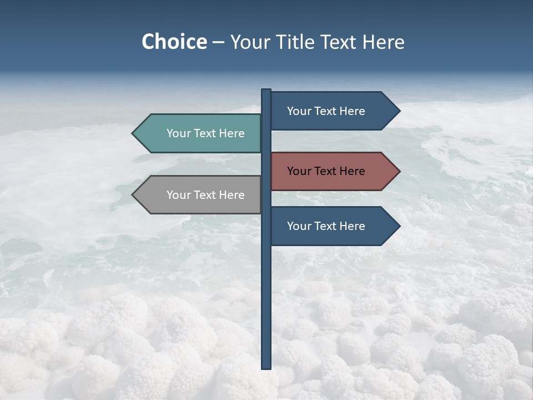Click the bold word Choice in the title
(x=174, y=42)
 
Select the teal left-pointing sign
(x=200, y=133)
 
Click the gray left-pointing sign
(x=200, y=195)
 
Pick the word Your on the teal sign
(x=178, y=133)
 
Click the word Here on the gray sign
(x=232, y=195)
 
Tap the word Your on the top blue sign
(x=299, y=111)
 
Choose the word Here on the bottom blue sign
(x=352, y=226)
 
